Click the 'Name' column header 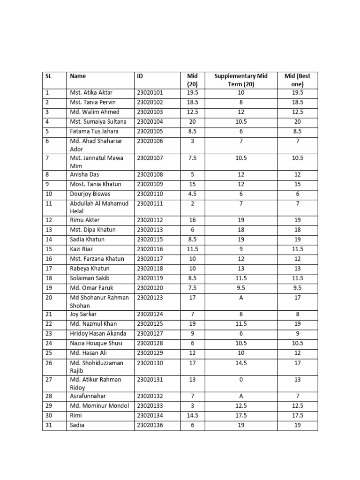tap(78, 75)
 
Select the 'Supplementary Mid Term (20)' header tap(240, 80)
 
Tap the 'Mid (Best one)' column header tap(297, 80)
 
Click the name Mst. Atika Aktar tap(91, 92)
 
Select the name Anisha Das tap(84, 174)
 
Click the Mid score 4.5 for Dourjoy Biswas tap(192, 194)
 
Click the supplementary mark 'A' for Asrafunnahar tap(241, 396)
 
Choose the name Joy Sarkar tap(84, 314)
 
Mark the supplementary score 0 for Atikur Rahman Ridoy tap(241, 379)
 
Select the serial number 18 tap(49, 278)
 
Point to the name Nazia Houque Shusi tap(96, 343)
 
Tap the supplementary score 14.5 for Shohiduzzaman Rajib tap(241, 362)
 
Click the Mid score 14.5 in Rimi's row tap(192, 415)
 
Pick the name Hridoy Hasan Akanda tap(97, 333)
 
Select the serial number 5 tap(47, 131)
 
